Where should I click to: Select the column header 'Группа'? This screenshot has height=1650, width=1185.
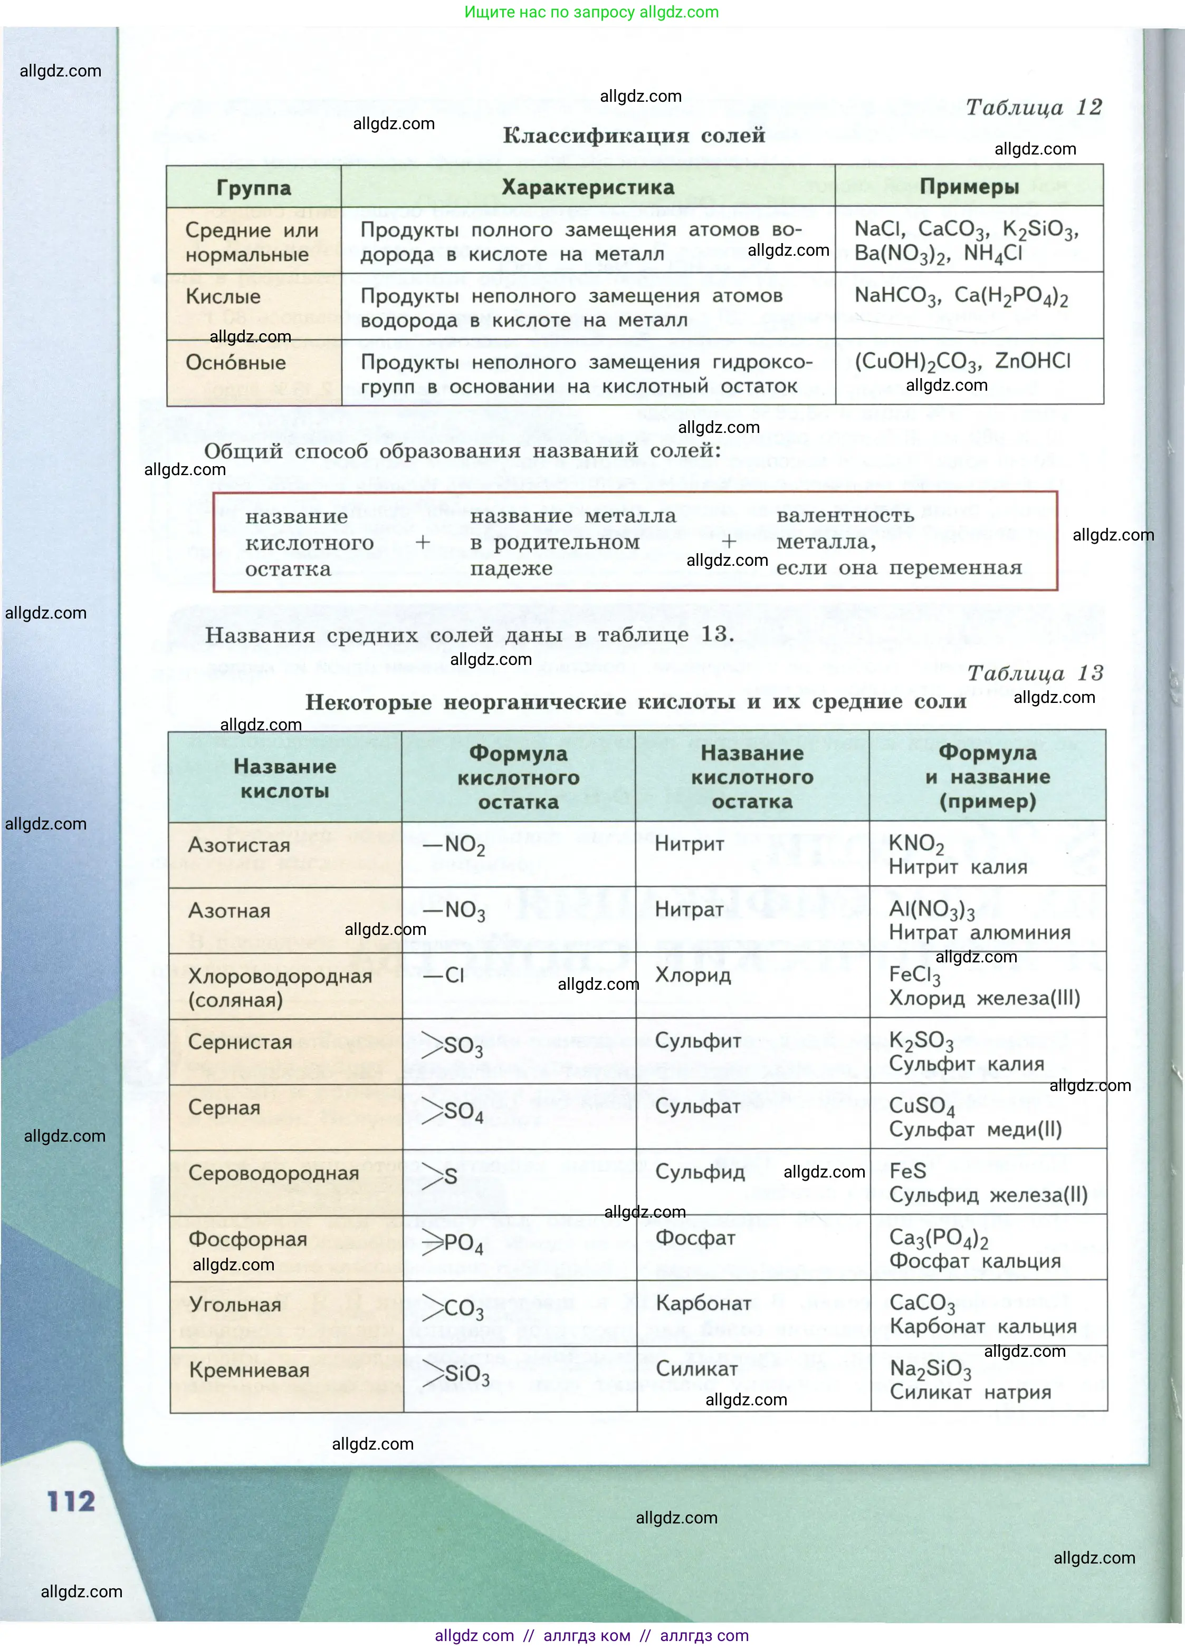(x=253, y=188)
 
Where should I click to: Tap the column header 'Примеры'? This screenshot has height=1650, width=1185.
(x=969, y=187)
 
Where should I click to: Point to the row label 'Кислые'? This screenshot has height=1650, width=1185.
(x=223, y=297)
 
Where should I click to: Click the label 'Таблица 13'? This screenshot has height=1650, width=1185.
(x=1035, y=673)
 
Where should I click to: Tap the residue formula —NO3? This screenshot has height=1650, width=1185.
(x=455, y=911)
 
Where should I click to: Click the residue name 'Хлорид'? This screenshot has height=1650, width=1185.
(x=692, y=975)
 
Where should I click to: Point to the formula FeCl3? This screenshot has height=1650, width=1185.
(x=914, y=976)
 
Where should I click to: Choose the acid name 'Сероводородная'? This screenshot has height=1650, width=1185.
(x=273, y=1173)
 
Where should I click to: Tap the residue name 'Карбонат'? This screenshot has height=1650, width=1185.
(x=703, y=1303)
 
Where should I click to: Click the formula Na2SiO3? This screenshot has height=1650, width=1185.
(x=930, y=1369)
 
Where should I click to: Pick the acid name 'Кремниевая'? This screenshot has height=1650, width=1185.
(x=249, y=1370)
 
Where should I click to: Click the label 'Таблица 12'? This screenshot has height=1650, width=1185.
(x=1034, y=108)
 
